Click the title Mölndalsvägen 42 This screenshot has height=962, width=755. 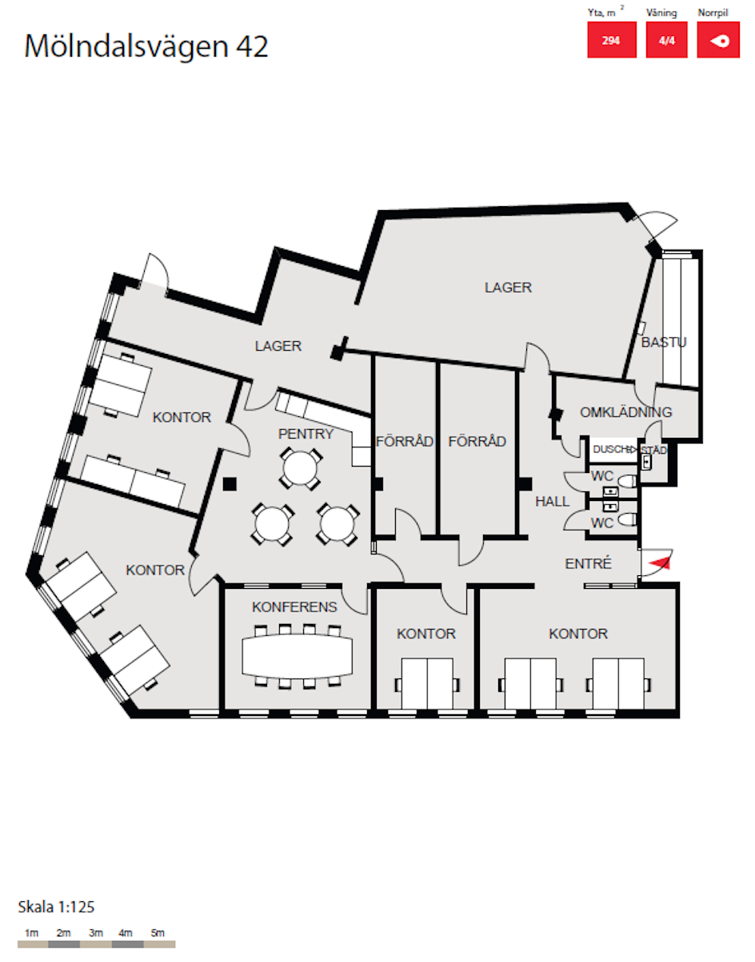(x=146, y=47)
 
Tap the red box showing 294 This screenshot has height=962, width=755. (x=612, y=40)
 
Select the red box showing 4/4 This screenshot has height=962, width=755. (x=666, y=40)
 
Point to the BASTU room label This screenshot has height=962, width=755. (x=664, y=342)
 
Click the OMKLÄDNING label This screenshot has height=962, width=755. (x=625, y=412)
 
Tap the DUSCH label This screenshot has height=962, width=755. (x=612, y=449)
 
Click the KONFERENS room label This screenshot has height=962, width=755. (x=294, y=607)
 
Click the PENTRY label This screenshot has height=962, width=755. (x=306, y=434)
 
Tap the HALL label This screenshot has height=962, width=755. (x=552, y=502)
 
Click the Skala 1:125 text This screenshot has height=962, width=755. (x=56, y=907)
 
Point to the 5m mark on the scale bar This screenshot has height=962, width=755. (x=158, y=933)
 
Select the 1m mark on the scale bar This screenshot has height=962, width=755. (x=32, y=933)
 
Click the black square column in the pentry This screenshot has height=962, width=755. (x=230, y=484)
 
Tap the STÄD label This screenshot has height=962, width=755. (x=654, y=450)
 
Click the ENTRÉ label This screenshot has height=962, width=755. (x=589, y=563)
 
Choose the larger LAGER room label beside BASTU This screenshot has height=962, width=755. (x=508, y=288)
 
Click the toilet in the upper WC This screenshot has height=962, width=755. (x=628, y=481)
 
